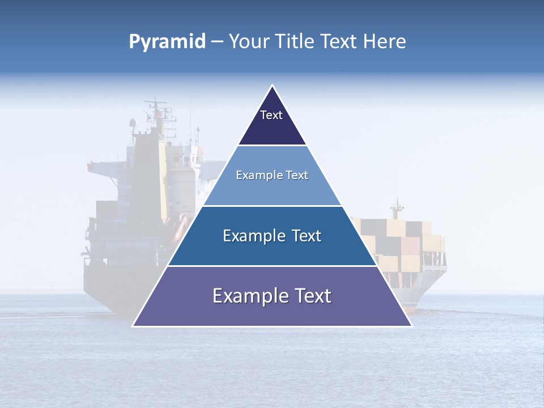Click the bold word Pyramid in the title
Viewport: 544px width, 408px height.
167,42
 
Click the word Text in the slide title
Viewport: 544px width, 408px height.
339,42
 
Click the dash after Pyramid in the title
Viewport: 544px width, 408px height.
217,42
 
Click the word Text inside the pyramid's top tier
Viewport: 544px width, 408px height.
271,115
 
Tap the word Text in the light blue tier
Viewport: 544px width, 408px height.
297,175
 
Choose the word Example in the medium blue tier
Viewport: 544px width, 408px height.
253,236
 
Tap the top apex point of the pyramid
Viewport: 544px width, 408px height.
272,86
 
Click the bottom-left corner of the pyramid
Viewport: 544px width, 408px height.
133,326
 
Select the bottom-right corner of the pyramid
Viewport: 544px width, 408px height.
411,326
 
